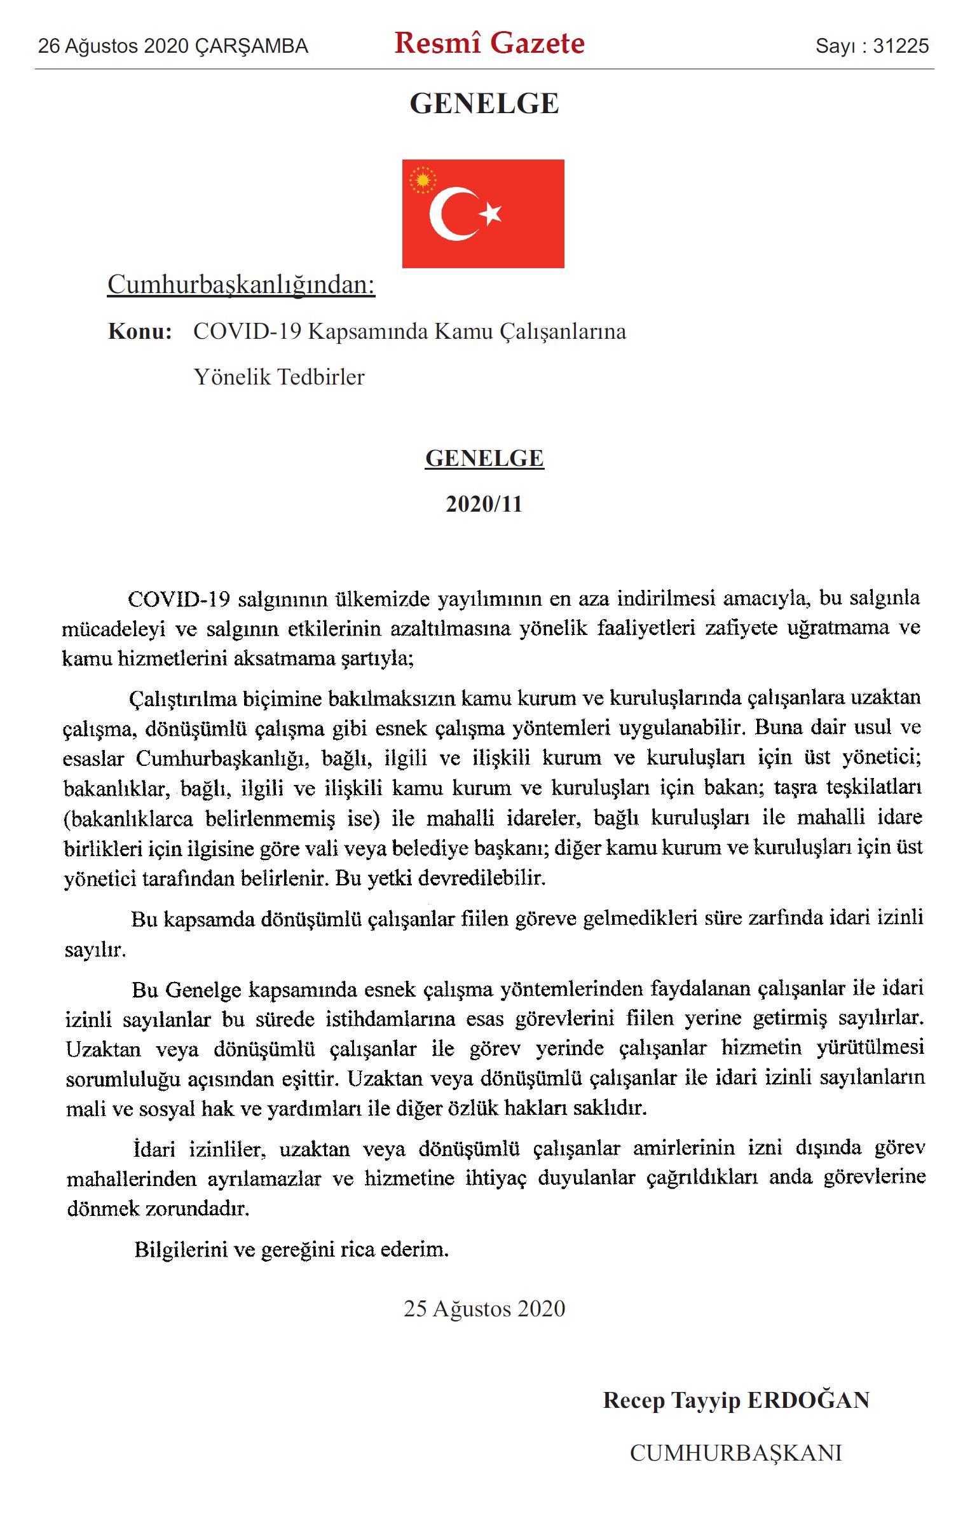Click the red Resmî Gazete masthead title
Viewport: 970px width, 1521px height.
(x=489, y=43)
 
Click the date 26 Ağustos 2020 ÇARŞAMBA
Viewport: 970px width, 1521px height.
(x=173, y=46)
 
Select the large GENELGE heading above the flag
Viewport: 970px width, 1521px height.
(x=484, y=104)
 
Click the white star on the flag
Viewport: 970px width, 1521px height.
(x=491, y=214)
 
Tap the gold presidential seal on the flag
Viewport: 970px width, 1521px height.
(x=422, y=180)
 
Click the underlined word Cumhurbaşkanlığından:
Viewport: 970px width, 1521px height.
(x=241, y=284)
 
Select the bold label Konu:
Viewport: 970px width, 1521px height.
(x=140, y=331)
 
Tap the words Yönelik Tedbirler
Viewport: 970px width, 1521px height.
(x=279, y=377)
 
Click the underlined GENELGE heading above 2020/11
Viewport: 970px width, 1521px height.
(x=484, y=458)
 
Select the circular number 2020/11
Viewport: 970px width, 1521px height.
(x=484, y=504)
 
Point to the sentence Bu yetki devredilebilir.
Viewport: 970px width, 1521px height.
(x=441, y=878)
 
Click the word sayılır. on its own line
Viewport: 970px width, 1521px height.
(x=95, y=950)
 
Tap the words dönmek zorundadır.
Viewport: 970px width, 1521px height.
(x=158, y=1208)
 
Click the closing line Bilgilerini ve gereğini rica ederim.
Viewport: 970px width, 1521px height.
(x=291, y=1250)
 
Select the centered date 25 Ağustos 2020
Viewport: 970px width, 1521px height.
(x=484, y=1309)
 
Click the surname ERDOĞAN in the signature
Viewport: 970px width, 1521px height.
(x=808, y=1400)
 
